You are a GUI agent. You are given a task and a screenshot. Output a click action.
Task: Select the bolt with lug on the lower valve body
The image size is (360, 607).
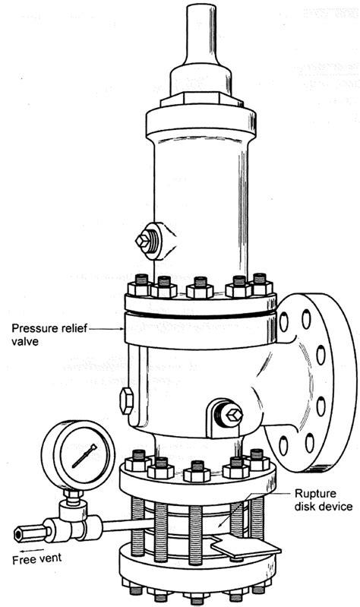click(230, 414)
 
